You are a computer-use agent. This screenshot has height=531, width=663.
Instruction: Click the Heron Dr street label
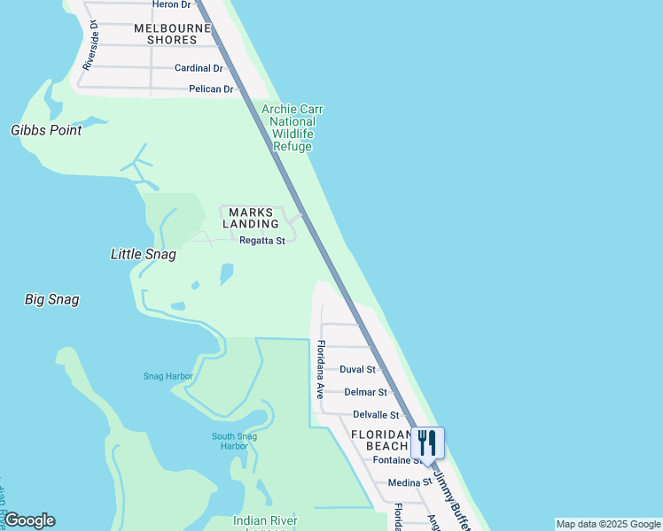pos(172,4)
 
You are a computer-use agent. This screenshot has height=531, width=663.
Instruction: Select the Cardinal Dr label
pos(199,68)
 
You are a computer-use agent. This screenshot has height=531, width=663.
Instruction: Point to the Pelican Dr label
pos(211,89)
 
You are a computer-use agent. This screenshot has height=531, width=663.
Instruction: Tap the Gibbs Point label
pos(46,130)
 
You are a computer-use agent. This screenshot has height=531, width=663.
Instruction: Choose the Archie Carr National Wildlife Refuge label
pos(292,128)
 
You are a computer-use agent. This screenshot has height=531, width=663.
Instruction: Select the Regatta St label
pos(261,241)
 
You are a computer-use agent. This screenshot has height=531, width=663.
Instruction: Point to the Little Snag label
pos(143,254)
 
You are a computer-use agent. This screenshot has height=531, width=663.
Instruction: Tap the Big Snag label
pos(51,300)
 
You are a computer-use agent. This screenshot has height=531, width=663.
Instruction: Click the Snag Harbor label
pos(168,376)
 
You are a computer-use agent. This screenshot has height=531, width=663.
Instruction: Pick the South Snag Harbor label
pos(235,441)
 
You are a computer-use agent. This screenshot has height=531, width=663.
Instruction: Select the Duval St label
pos(358,369)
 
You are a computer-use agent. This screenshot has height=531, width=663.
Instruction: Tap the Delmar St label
pos(366,392)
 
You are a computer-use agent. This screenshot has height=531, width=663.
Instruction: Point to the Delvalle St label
pos(376,415)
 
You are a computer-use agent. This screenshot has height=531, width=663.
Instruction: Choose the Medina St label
pos(409,483)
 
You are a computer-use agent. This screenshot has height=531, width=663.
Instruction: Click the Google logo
pos(29,520)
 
